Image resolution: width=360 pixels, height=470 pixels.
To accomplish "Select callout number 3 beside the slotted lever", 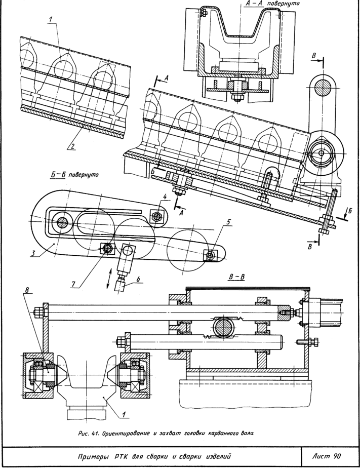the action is coord(33,253).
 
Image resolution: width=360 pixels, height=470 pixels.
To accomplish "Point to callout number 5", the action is coord(229,222).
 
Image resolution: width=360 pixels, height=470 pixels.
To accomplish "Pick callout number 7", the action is coord(74,284).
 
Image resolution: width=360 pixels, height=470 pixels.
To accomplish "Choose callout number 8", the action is coord(27,290).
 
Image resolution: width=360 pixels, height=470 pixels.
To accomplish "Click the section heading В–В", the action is coord(236,277).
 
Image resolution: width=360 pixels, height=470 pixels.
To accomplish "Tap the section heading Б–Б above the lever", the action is coord(58,175).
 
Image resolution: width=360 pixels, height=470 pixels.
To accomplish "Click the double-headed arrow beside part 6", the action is coord(110,279).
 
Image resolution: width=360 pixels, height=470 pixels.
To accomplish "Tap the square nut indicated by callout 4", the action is coord(156,216).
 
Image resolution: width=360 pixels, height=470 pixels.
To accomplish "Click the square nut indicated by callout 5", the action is coord(211,255).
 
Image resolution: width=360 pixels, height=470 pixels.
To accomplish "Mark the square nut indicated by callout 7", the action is coord(108,248).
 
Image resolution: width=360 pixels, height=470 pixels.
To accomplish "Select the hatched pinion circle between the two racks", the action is coord(222,327).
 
